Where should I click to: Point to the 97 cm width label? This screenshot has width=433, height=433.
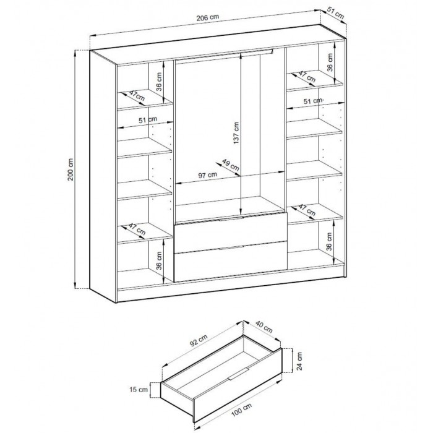click(x=207, y=175)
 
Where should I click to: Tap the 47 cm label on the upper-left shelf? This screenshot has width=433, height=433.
click(x=137, y=96)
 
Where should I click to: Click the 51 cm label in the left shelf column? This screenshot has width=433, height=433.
click(x=147, y=119)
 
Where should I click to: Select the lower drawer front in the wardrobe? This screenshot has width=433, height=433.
click(x=230, y=261)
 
